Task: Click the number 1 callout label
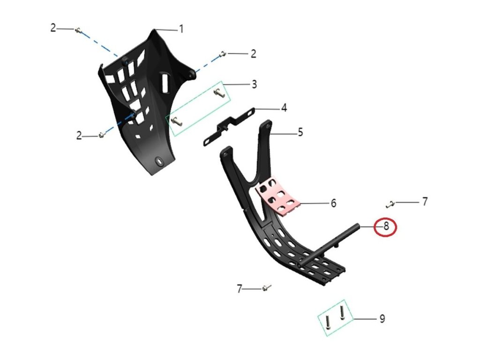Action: (x=180, y=29)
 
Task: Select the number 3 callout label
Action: (x=254, y=85)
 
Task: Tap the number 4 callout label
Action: (x=284, y=109)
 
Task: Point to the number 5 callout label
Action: (x=300, y=133)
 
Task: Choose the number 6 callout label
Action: (x=333, y=203)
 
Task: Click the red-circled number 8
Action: (x=386, y=227)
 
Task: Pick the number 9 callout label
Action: (x=382, y=319)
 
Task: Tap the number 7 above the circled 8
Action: (x=425, y=202)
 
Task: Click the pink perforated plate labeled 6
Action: (x=279, y=195)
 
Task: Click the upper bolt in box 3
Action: (x=219, y=93)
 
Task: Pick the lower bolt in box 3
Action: (x=176, y=121)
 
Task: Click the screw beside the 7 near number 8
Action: (x=390, y=203)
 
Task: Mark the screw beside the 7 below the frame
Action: (x=266, y=287)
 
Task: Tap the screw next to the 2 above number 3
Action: (x=223, y=55)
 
